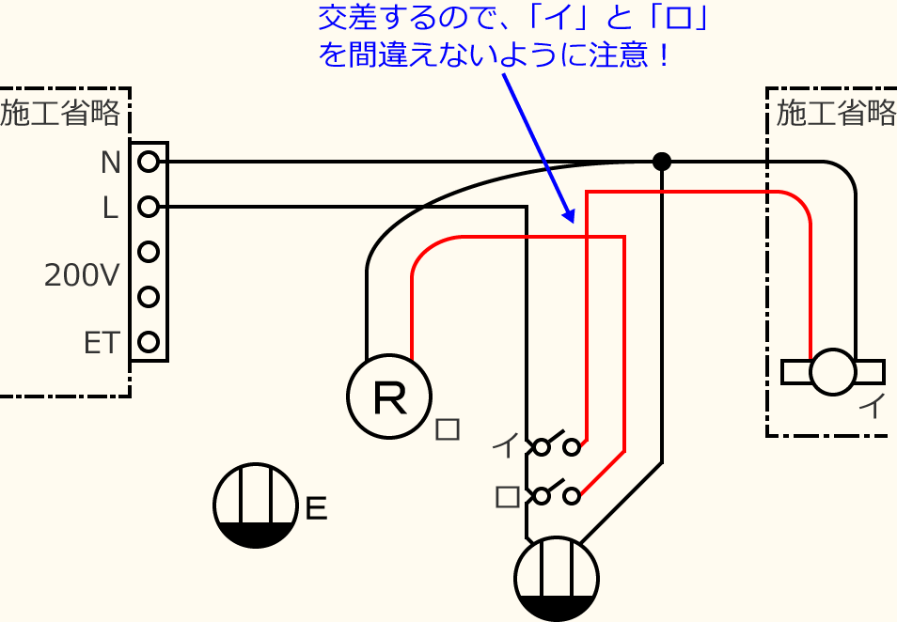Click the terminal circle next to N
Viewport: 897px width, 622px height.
pyautogui.click(x=148, y=163)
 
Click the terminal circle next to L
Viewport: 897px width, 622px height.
pyautogui.click(x=148, y=207)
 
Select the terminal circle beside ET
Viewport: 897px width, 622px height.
pyautogui.click(x=148, y=341)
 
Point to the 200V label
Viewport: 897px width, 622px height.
pyautogui.click(x=82, y=275)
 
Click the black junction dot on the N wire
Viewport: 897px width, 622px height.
pyautogui.click(x=662, y=162)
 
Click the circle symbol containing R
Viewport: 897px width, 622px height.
pyautogui.click(x=389, y=397)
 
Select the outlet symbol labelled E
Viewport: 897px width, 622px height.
pyautogui.click(x=255, y=505)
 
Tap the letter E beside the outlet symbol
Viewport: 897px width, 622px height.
pyautogui.click(x=317, y=509)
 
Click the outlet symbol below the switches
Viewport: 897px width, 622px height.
pyautogui.click(x=558, y=579)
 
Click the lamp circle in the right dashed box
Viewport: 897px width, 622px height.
pyautogui.click(x=833, y=372)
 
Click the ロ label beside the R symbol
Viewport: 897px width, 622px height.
pyautogui.click(x=448, y=429)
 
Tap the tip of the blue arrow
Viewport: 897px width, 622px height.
pyautogui.click(x=570, y=222)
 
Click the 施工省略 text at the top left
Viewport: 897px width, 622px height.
pyautogui.click(x=60, y=114)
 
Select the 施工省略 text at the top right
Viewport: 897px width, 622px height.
pyautogui.click(x=836, y=114)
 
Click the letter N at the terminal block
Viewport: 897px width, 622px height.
pyautogui.click(x=111, y=163)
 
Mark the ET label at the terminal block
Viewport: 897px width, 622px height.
pyautogui.click(x=102, y=343)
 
